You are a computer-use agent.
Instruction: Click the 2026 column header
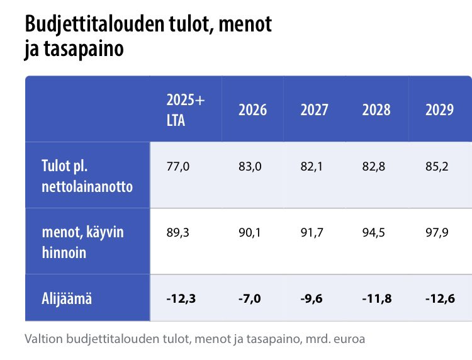[252, 110]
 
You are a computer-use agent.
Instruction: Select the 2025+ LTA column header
[185, 110]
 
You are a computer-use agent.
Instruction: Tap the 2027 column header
[314, 110]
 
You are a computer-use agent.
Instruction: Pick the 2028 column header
[376, 110]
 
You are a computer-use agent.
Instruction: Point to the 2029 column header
[439, 110]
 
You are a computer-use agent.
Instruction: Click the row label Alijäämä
[63, 298]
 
